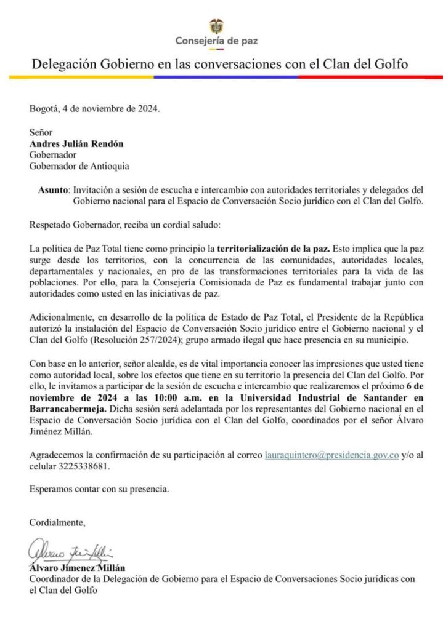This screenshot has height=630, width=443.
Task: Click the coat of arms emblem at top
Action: pos(216,26)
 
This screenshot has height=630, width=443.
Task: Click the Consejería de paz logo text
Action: pos(216,41)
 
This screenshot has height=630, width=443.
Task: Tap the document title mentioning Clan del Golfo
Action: pos(220,64)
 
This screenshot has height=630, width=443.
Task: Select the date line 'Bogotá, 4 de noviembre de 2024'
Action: pos(94,110)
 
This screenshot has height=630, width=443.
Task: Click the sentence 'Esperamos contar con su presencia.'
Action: pos(99,490)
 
